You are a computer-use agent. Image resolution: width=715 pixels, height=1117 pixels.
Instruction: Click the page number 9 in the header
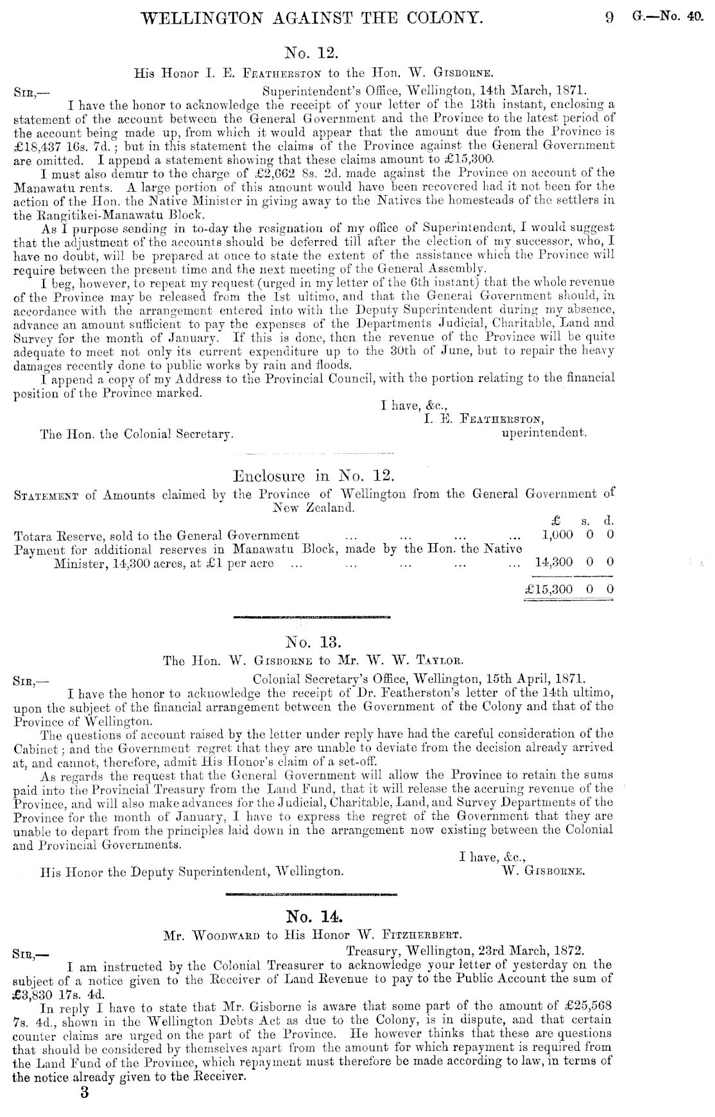click(609, 18)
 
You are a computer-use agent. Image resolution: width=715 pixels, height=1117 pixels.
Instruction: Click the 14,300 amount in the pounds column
click(554, 562)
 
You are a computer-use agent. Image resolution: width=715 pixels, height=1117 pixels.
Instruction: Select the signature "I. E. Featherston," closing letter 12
click(484, 420)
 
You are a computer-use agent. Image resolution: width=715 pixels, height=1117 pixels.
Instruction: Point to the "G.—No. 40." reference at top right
click(668, 18)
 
